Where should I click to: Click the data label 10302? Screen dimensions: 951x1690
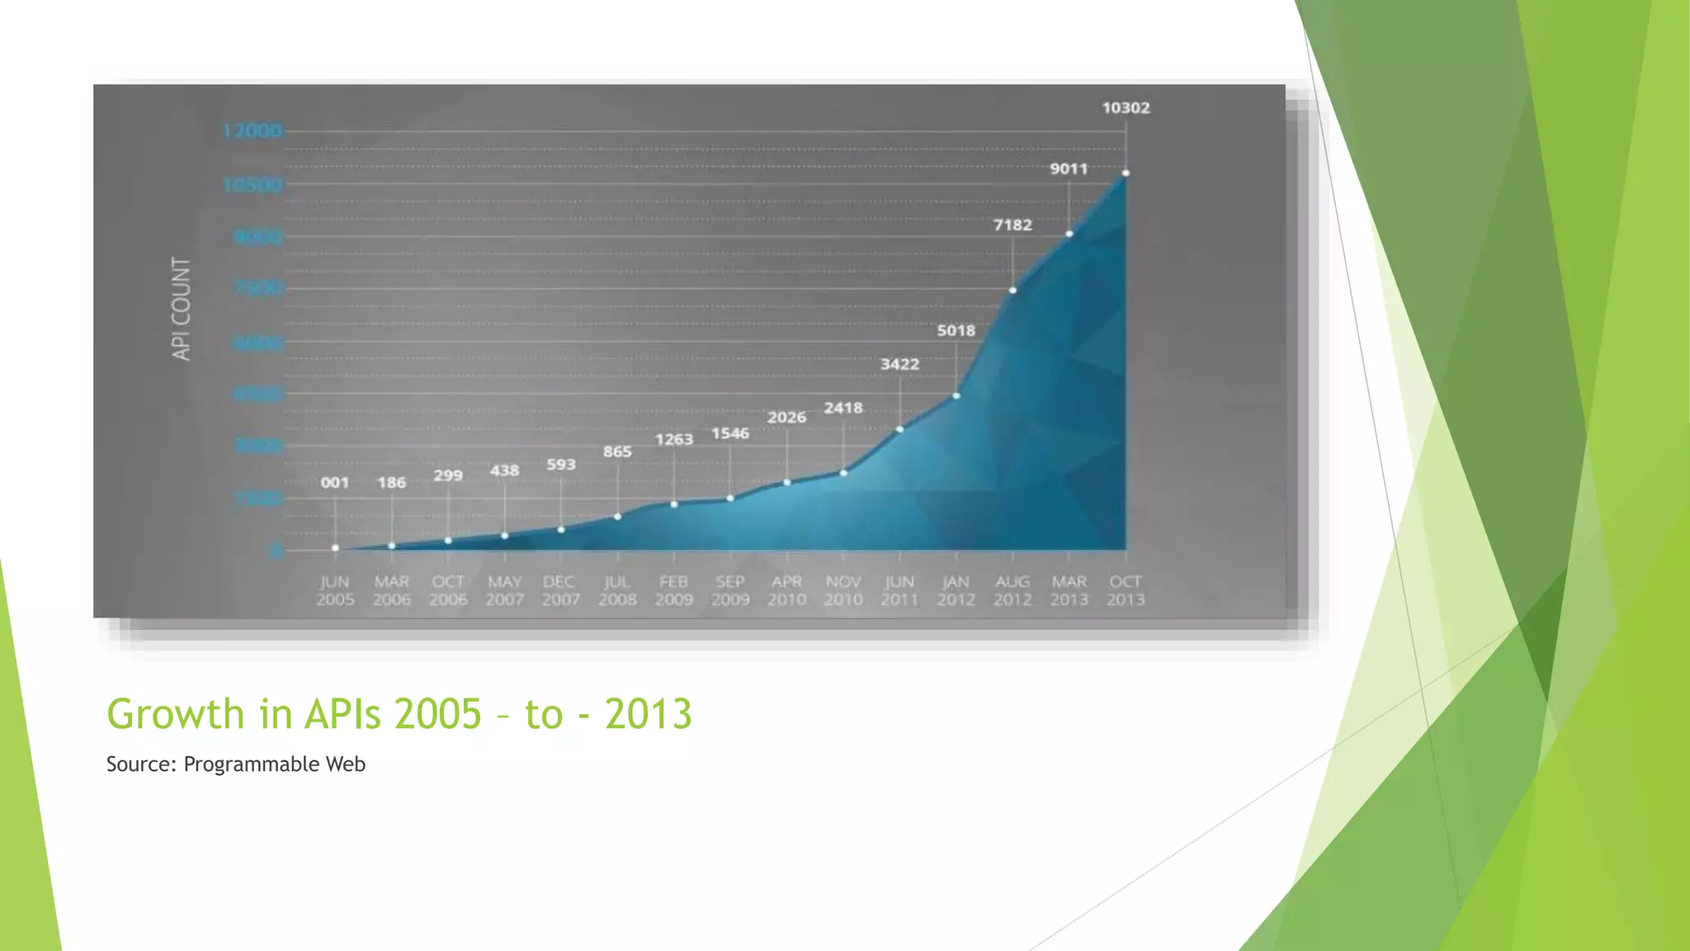pyautogui.click(x=1126, y=108)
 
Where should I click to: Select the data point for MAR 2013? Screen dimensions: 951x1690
pyautogui.click(x=1069, y=234)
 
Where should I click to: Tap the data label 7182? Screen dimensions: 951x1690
pyautogui.click(x=1013, y=225)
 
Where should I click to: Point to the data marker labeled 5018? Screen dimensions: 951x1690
pyautogui.click(x=956, y=396)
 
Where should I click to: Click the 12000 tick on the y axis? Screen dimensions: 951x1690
pyautogui.click(x=252, y=130)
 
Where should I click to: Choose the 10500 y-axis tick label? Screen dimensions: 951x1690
pyautogui.click(x=253, y=185)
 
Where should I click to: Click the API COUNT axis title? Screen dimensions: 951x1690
pyautogui.click(x=181, y=308)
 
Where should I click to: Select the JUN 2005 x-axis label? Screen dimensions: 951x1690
pyautogui.click(x=335, y=591)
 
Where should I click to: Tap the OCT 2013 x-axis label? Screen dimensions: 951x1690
pyautogui.click(x=1126, y=591)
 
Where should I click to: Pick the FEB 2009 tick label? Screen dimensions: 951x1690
pyautogui.click(x=673, y=591)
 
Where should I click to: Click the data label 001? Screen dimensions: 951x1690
pyautogui.click(x=335, y=483)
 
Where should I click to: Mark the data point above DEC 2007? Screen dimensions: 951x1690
pyautogui.click(x=561, y=530)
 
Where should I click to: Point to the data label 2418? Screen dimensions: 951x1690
pyautogui.click(x=843, y=408)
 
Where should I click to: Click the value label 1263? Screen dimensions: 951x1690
pyautogui.click(x=673, y=439)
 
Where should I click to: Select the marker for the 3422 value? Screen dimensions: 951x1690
pyautogui.click(x=900, y=429)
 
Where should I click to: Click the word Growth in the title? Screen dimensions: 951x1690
pyautogui.click(x=176, y=714)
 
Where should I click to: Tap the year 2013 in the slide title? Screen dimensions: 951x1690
pyautogui.click(x=648, y=714)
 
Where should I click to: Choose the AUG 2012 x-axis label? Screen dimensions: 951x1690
pyautogui.click(x=1013, y=591)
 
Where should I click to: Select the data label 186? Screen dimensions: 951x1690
pyautogui.click(x=392, y=483)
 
